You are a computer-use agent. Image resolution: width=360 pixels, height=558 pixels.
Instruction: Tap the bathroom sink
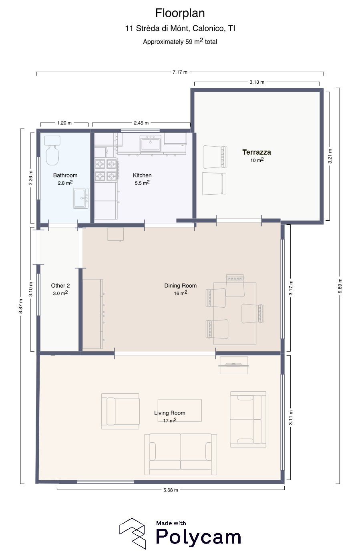[x=80, y=198]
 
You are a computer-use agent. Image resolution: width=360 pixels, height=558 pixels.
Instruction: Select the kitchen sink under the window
[x=151, y=143]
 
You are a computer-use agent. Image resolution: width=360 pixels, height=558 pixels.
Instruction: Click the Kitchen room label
[x=142, y=175]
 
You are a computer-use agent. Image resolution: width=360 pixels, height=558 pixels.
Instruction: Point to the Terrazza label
[x=257, y=152]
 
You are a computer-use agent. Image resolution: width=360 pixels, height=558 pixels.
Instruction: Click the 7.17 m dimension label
[x=180, y=72]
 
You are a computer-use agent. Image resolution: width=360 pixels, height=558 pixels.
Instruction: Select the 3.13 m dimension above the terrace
[x=257, y=82]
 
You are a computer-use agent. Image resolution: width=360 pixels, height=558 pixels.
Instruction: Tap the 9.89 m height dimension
[x=340, y=286]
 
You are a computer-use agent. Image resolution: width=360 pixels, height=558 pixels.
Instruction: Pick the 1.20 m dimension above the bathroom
[x=64, y=123]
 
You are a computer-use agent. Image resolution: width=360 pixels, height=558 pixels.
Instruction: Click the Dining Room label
[x=181, y=286]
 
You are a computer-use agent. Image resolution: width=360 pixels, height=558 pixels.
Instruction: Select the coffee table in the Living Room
[x=180, y=410]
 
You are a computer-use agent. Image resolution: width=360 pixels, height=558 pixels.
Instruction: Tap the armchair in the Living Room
[x=120, y=411]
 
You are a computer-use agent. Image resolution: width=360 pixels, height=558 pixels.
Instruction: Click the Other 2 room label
[x=60, y=286]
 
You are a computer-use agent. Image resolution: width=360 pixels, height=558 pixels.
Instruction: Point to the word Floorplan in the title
[x=180, y=13]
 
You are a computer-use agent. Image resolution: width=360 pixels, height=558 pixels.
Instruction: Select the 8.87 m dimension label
[x=21, y=306]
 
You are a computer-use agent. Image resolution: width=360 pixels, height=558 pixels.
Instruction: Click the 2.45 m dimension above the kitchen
[x=141, y=123]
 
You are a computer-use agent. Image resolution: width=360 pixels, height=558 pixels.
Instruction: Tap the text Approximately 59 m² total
[x=180, y=41]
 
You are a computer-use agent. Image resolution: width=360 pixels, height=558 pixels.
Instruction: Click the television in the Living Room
[x=233, y=365]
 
